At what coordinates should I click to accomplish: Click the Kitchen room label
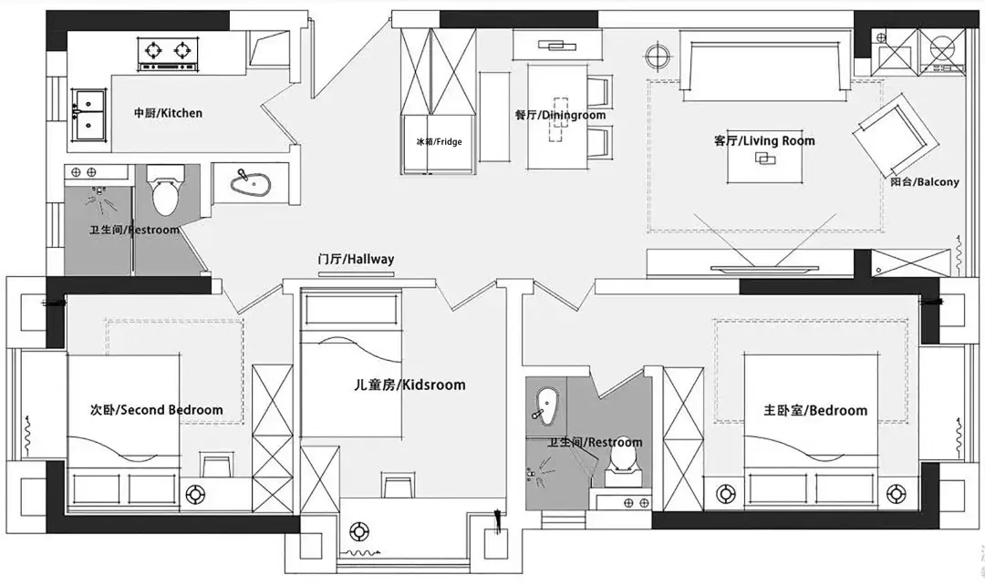168,113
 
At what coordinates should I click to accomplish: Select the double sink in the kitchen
88,114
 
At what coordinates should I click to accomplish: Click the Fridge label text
439,142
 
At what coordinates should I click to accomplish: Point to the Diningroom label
560,115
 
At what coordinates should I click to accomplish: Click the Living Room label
764,140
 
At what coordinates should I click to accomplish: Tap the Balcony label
925,182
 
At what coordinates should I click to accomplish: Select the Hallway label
356,259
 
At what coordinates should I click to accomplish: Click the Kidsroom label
410,385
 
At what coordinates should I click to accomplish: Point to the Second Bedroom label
157,410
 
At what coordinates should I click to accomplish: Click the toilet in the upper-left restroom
165,190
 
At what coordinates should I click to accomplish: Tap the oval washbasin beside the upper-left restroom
250,183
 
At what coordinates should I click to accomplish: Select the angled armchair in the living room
897,136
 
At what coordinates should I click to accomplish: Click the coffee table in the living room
764,159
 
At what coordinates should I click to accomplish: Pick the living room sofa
764,67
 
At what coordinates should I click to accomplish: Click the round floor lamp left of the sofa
658,56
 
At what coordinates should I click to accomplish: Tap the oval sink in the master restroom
546,403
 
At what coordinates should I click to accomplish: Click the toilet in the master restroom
621,463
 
